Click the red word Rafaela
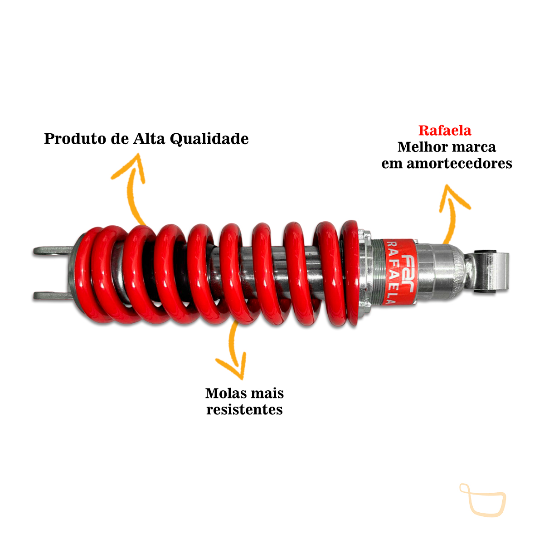coord(445,131)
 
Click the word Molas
coord(225,393)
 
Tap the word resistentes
coord(244,410)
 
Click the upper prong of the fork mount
coord(53,251)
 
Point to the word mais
coord(266,393)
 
